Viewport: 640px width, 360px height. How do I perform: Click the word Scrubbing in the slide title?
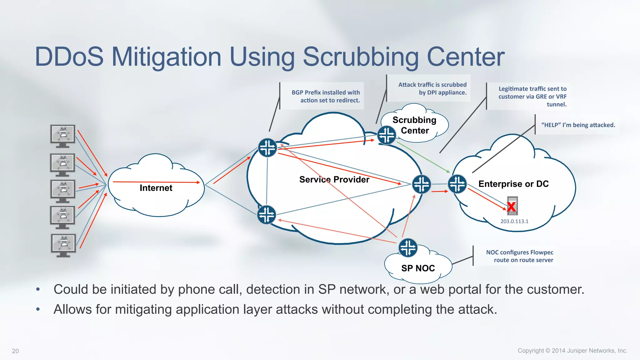(x=361, y=57)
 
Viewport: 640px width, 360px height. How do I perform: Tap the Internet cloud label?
(x=156, y=188)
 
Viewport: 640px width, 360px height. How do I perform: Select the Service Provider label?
(x=334, y=179)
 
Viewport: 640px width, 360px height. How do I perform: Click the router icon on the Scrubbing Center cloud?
(x=387, y=135)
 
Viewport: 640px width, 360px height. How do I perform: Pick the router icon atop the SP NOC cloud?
(x=408, y=248)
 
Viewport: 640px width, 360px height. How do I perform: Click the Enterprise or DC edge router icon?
(x=457, y=184)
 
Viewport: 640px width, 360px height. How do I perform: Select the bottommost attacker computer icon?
(x=63, y=245)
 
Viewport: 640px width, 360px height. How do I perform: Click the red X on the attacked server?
(x=512, y=207)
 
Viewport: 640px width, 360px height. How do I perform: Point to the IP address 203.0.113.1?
(x=514, y=221)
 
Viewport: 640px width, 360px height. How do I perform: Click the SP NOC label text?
(x=418, y=268)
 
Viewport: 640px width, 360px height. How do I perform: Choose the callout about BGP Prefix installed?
(x=326, y=96)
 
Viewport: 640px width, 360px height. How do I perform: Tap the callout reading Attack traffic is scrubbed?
(x=432, y=88)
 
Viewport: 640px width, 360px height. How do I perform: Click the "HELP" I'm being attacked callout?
(x=578, y=125)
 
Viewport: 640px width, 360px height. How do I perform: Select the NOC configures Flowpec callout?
(x=519, y=256)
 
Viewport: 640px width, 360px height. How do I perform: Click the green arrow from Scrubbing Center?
(x=423, y=157)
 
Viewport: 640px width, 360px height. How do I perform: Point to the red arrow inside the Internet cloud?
(x=156, y=182)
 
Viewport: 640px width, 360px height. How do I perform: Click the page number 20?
(x=15, y=351)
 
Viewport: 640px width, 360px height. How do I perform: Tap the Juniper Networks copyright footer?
(x=572, y=351)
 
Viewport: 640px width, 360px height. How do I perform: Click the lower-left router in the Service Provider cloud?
(x=267, y=215)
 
